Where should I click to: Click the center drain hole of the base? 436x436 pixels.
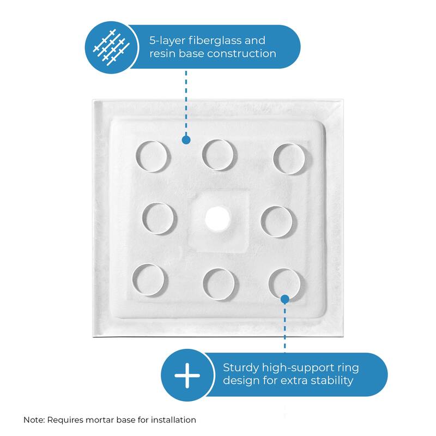(218, 218)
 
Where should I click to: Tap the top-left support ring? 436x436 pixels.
(152, 155)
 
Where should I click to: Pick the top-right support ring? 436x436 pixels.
(289, 159)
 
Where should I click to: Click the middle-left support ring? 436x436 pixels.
(159, 218)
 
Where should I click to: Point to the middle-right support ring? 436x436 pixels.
(278, 221)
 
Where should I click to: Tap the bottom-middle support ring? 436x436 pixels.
(219, 283)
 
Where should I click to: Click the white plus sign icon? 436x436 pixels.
(187, 376)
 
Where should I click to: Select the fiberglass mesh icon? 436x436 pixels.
(111, 47)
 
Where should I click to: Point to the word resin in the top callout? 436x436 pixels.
(163, 53)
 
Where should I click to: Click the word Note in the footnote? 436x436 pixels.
(34, 420)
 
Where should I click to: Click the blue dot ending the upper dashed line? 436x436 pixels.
(186, 140)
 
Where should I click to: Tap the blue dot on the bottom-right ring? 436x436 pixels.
(284, 299)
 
